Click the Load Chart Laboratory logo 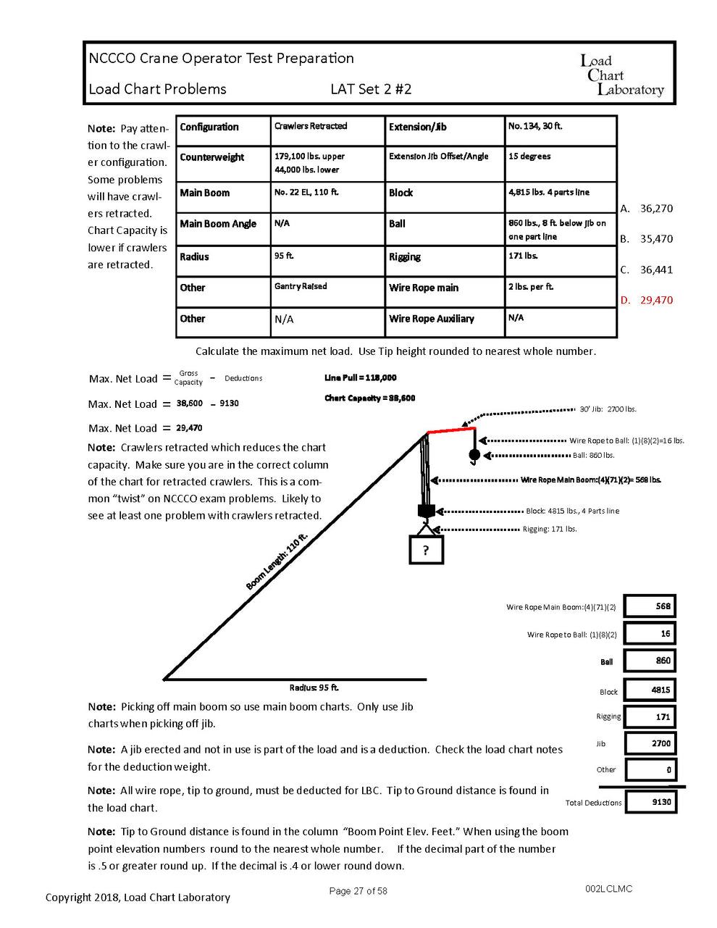(x=621, y=75)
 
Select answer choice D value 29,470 (x=656, y=300)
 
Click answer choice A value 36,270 (x=656, y=209)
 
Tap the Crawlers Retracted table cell (x=311, y=126)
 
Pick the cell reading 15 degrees (x=529, y=156)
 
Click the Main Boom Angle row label (x=218, y=224)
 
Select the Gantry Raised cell (x=301, y=287)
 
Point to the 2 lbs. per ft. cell (x=531, y=287)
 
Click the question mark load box (x=426, y=551)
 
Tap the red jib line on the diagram (x=450, y=430)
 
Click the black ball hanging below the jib (x=474, y=455)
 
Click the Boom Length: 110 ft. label (x=277, y=561)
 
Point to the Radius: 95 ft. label (x=314, y=687)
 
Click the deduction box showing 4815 (x=650, y=690)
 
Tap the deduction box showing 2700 (x=650, y=743)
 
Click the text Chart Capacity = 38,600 (x=369, y=398)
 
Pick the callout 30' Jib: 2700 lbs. (x=608, y=409)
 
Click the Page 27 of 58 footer (x=358, y=891)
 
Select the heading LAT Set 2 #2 (x=371, y=89)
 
